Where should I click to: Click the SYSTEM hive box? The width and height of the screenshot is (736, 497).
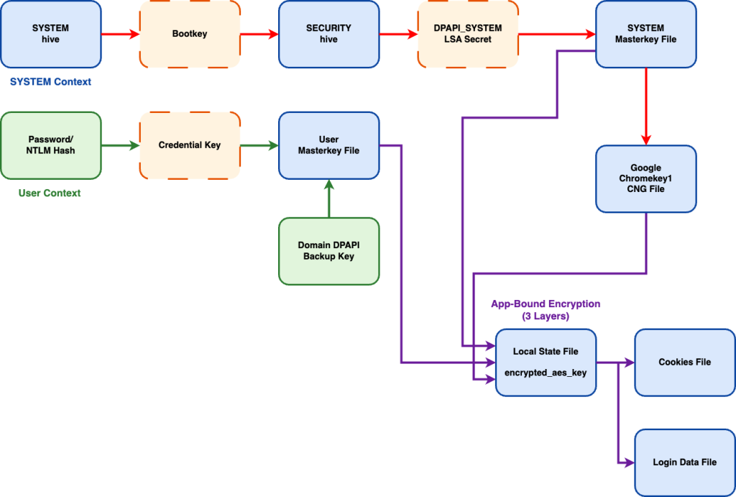pos(50,34)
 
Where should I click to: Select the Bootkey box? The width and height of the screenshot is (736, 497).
pos(190,34)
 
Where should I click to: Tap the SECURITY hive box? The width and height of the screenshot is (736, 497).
pos(328,34)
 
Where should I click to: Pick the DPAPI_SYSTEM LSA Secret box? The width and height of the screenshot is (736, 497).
pos(468,34)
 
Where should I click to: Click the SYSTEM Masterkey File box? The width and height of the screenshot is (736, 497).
pos(645,34)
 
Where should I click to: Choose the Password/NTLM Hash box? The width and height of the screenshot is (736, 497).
pos(50,145)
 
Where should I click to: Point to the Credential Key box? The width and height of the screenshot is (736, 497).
pos(190,145)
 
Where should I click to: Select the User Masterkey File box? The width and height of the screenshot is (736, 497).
pos(328,145)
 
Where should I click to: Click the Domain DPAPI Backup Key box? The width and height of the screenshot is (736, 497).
pos(328,251)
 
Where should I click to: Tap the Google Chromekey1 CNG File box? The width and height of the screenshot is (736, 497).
pos(645,178)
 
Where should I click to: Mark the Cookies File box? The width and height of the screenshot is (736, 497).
pos(684,362)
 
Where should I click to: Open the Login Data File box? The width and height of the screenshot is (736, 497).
pos(684,462)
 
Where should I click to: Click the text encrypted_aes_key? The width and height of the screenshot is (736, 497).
pos(546,373)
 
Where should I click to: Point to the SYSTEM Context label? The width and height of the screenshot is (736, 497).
pos(50,82)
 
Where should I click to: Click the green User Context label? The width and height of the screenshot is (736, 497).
pos(50,193)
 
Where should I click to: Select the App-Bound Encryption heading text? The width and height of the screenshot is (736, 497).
pos(545,304)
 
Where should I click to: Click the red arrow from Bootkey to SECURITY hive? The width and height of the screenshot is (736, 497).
pos(259,34)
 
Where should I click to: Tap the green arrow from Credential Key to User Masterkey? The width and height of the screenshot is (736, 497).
pos(259,145)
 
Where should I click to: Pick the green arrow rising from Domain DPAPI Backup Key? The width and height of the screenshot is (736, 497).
pos(329,199)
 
